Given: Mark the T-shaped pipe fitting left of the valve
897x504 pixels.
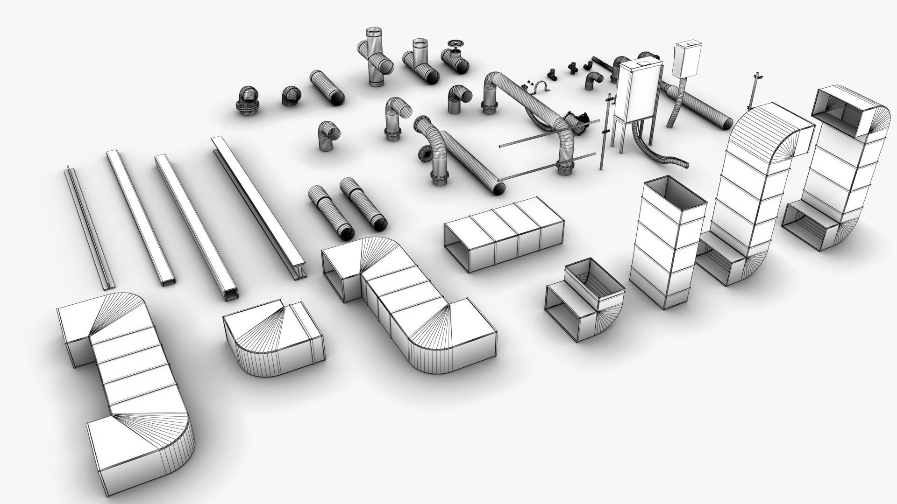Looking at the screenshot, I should [x=420, y=65].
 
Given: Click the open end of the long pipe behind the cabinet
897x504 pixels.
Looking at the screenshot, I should [x=727, y=122].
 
